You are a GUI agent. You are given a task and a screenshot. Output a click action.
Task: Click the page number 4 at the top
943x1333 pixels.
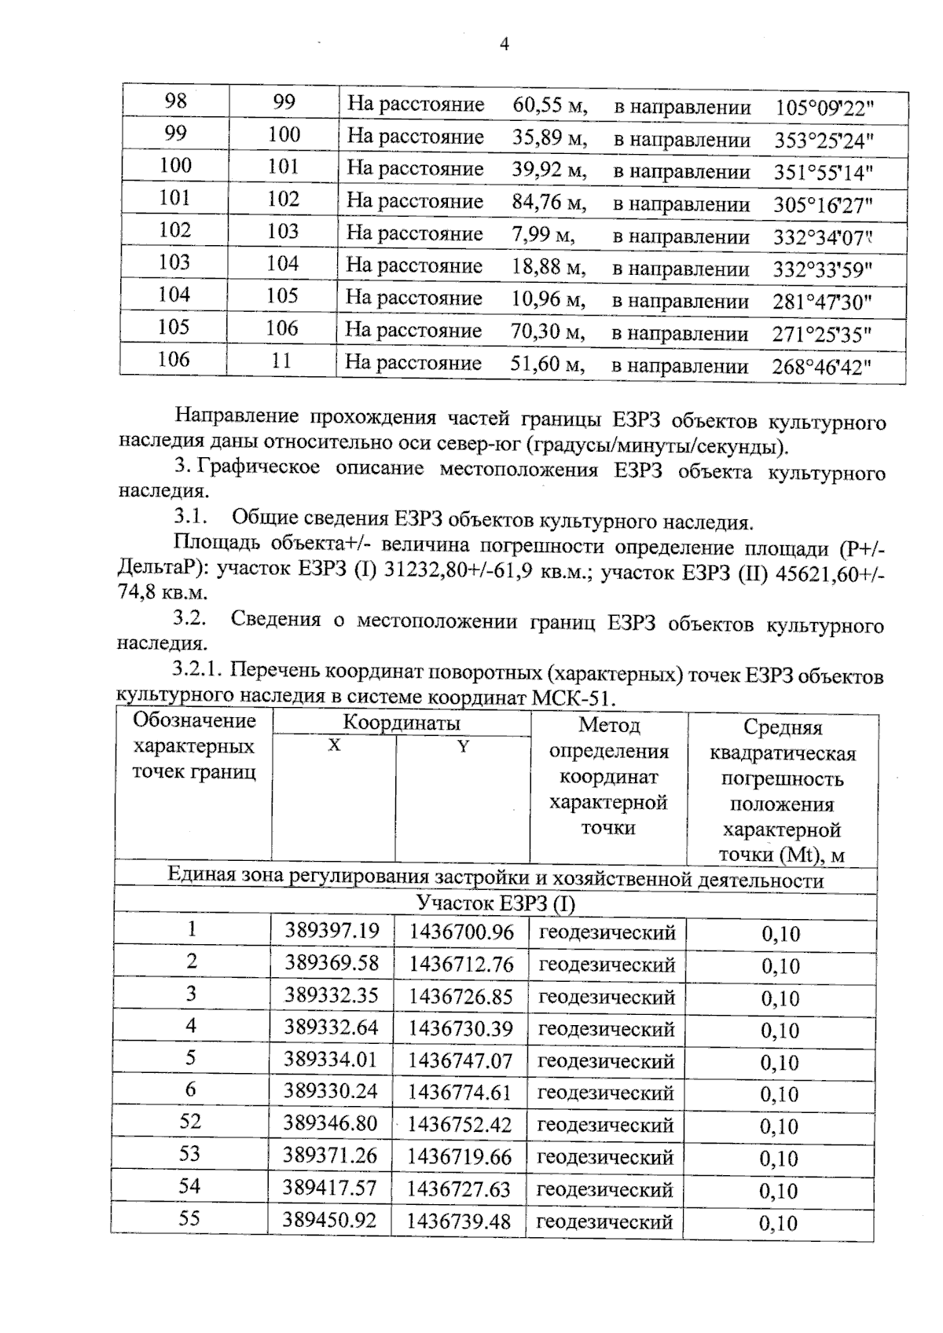point(505,45)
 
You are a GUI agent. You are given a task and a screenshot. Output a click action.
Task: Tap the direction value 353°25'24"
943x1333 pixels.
point(824,141)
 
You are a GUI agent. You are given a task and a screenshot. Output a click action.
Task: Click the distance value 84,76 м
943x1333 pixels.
point(549,203)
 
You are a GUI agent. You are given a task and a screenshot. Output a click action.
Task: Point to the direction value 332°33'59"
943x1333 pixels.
point(822,269)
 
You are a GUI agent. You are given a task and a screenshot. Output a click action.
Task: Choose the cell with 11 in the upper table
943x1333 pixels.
point(281,361)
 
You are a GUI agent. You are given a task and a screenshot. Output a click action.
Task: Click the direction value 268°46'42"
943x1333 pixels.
point(821,367)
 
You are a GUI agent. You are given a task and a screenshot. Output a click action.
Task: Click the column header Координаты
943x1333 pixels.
point(401,723)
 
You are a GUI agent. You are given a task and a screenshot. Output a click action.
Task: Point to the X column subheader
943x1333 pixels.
point(334,745)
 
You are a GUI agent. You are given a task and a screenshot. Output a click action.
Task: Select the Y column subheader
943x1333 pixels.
point(463,746)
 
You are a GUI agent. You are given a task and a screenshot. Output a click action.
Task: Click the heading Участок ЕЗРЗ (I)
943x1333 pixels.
point(495,904)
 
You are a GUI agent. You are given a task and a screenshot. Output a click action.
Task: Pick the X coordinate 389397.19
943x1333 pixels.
point(332,932)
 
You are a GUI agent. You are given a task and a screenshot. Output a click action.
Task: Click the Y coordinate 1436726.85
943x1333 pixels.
point(460,997)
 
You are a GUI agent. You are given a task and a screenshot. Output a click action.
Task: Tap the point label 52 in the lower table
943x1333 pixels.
point(190,1122)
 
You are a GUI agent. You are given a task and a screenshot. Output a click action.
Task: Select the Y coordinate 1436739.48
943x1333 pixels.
point(458,1221)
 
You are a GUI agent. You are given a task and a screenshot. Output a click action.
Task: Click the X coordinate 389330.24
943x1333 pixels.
point(330,1092)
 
